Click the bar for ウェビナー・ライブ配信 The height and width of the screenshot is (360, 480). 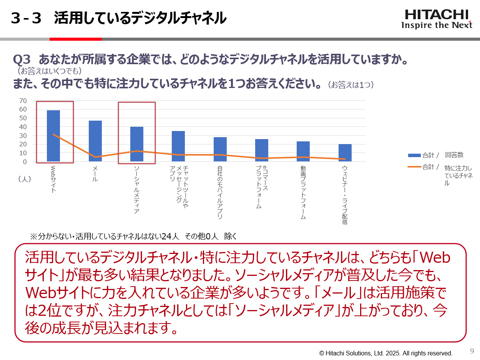(x=345, y=153)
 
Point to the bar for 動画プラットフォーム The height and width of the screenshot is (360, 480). (x=303, y=151)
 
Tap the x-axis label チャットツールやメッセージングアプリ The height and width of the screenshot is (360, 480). (x=179, y=184)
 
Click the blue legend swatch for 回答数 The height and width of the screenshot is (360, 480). (x=414, y=155)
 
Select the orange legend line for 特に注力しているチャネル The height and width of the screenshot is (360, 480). (x=414, y=167)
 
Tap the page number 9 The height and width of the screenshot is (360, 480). (x=472, y=351)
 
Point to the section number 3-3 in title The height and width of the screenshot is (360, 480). (x=26, y=18)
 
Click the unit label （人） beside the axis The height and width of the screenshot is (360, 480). (x=25, y=179)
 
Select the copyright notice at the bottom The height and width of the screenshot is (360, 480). (x=386, y=353)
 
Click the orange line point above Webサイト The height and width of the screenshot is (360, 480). (x=53, y=134)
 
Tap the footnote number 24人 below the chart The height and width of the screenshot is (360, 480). (x=170, y=236)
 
